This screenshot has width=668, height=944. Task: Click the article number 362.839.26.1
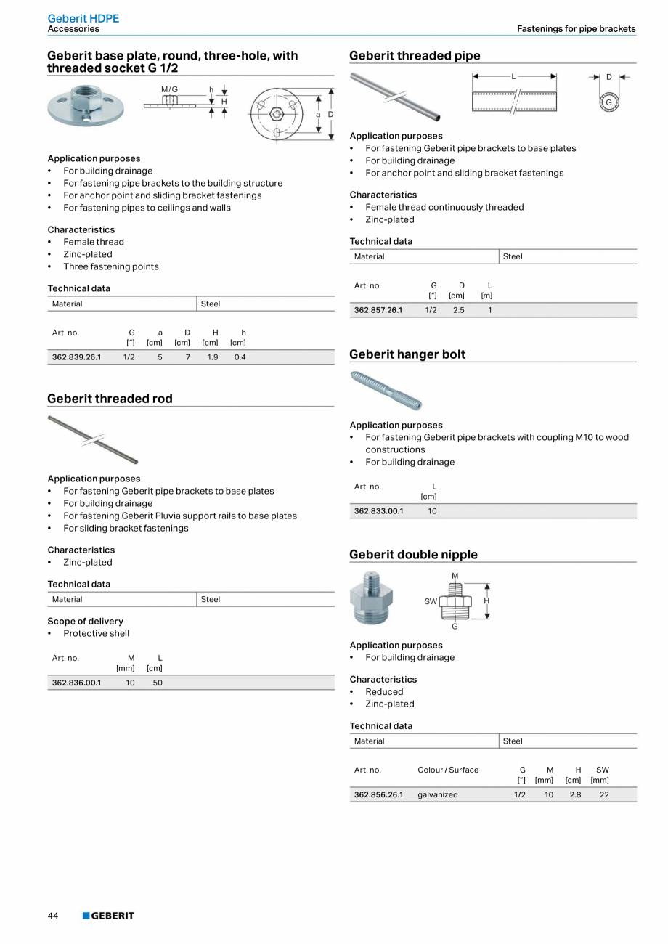(77, 357)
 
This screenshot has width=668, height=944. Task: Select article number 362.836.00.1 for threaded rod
(77, 683)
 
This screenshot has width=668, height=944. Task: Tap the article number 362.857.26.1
(378, 310)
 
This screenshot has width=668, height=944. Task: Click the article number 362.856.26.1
(378, 794)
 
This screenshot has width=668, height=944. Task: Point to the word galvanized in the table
(438, 794)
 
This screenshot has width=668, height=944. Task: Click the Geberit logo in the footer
(108, 916)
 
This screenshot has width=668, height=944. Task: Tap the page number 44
(53, 916)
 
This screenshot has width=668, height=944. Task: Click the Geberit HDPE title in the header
(83, 18)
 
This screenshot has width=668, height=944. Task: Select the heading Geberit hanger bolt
(407, 354)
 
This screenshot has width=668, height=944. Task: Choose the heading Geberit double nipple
(413, 555)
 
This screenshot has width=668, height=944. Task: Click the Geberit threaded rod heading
(110, 399)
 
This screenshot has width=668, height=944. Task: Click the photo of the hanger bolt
(386, 389)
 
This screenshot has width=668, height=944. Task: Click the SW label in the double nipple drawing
(431, 601)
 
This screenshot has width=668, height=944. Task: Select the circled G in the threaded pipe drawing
(608, 103)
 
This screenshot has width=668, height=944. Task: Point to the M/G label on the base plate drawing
(169, 89)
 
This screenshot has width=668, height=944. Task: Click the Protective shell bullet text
(96, 633)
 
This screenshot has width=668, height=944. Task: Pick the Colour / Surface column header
(448, 770)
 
